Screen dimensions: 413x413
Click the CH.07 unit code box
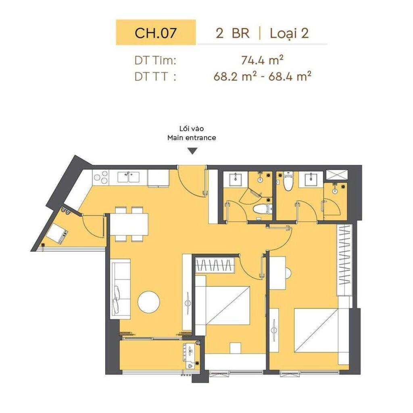(x=156, y=32)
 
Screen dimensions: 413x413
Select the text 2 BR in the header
(x=233, y=33)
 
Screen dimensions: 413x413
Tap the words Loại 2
(x=289, y=34)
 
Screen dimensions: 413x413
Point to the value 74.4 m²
(x=262, y=60)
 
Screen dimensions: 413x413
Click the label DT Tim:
(x=155, y=60)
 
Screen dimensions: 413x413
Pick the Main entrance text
(x=192, y=138)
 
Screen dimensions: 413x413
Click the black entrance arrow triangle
(x=193, y=151)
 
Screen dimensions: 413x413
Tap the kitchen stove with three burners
(x=101, y=177)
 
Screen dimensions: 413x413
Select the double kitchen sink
(x=129, y=177)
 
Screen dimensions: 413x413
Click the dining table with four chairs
(x=129, y=224)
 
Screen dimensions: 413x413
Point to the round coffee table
(x=148, y=302)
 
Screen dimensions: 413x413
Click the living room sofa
(x=120, y=289)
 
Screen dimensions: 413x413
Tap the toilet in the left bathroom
(x=262, y=209)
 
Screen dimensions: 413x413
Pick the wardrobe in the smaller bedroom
(x=215, y=265)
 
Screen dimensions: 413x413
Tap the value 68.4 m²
(x=290, y=77)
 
